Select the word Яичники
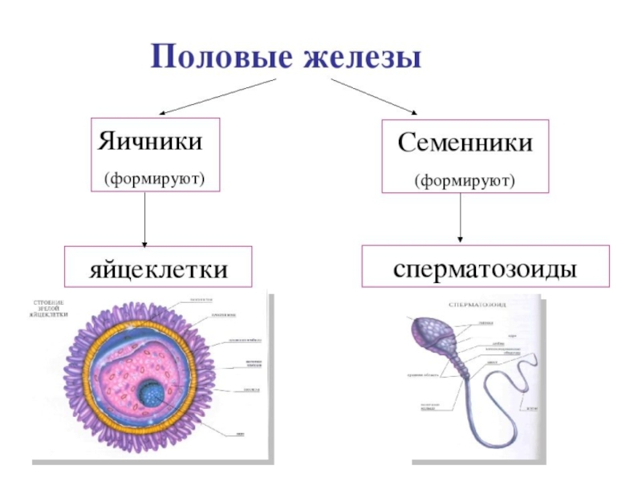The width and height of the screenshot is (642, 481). (149, 143)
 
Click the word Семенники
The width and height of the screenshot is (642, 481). (465, 145)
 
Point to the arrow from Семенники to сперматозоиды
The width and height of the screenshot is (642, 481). (461, 216)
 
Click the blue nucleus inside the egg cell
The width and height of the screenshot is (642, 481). (150, 394)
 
